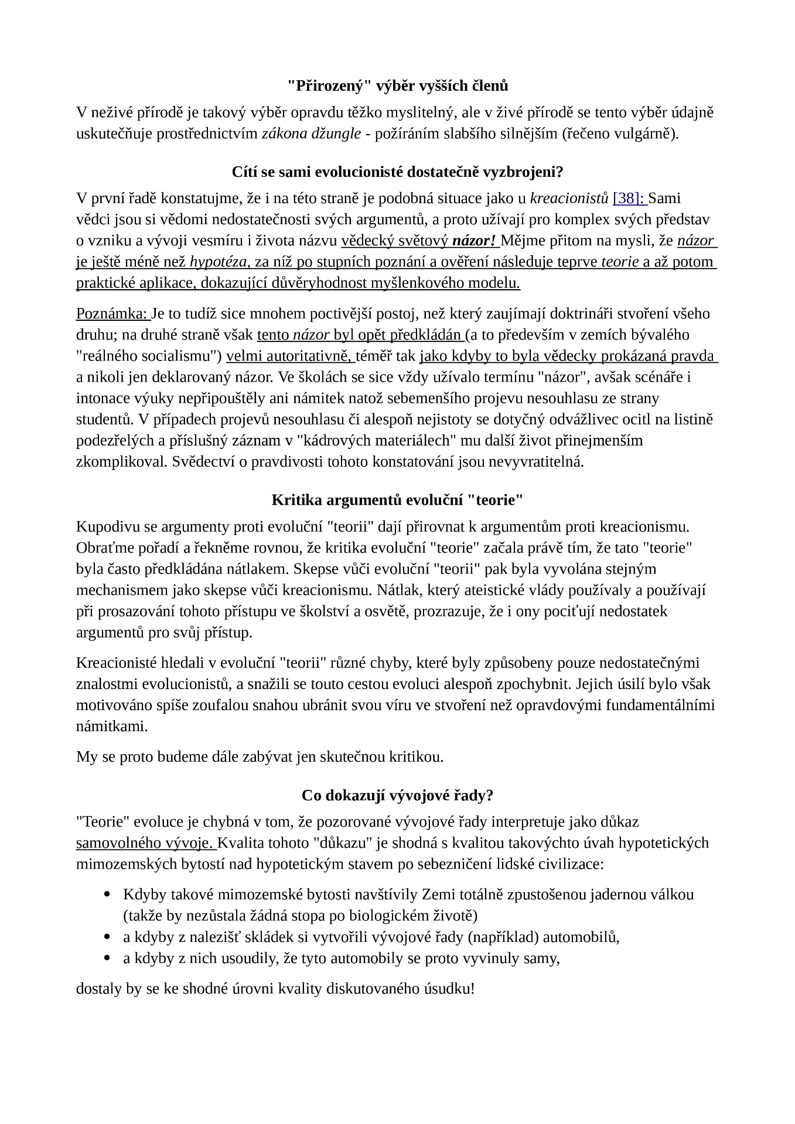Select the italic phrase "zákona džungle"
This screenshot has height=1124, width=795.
click(311, 134)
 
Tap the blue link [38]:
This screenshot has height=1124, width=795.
click(629, 198)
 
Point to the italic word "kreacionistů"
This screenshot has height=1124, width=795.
click(569, 198)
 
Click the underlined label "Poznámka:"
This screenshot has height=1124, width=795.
click(112, 314)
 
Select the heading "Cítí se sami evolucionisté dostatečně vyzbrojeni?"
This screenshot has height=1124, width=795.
click(397, 172)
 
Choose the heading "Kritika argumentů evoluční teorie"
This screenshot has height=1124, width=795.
click(397, 500)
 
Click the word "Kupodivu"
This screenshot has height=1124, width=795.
click(104, 527)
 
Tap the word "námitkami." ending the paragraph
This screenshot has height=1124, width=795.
click(112, 727)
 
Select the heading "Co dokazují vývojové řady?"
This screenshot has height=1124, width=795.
click(397, 796)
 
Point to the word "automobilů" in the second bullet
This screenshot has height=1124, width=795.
click(580, 937)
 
